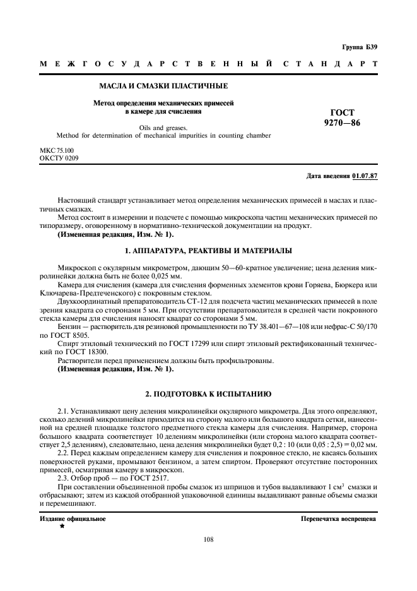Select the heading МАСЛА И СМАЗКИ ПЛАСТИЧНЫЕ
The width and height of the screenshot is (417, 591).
pyautogui.click(x=164, y=85)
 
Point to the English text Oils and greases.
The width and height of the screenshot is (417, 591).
pyautogui.click(x=163, y=126)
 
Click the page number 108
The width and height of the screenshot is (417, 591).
pyautogui.click(x=208, y=539)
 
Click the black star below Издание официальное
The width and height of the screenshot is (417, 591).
pyautogui.click(x=62, y=526)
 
